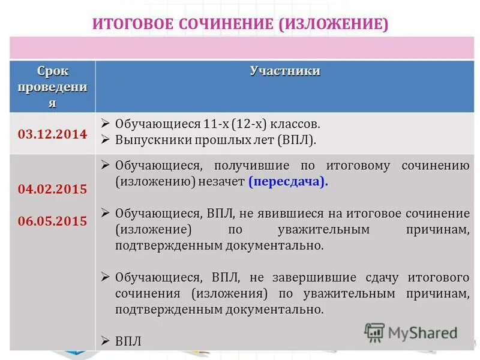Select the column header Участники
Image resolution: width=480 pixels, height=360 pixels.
click(x=285, y=71)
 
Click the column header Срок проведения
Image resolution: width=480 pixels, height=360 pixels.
click(x=52, y=87)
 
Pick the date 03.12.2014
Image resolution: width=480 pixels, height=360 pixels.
click(x=52, y=134)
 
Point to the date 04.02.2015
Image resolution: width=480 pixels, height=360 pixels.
click(x=52, y=189)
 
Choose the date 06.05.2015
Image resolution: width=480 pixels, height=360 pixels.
click(x=52, y=220)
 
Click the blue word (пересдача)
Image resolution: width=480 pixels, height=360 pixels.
click(x=289, y=182)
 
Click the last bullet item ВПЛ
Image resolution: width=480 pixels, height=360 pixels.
click(x=128, y=341)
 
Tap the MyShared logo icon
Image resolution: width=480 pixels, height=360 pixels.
click(x=374, y=332)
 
